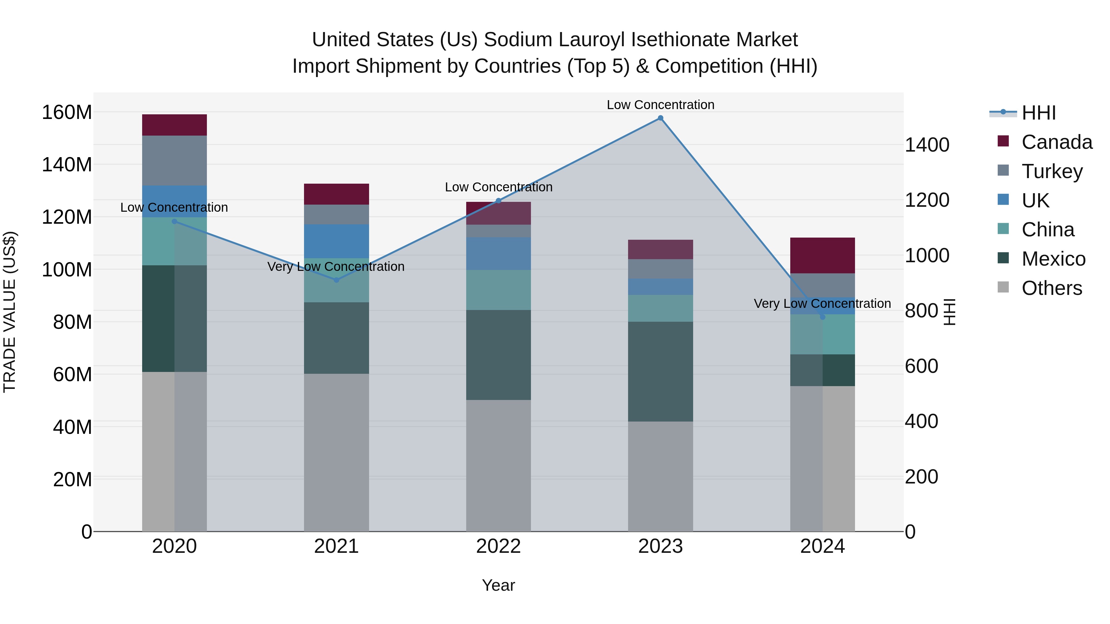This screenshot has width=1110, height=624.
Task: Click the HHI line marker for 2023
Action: (x=660, y=118)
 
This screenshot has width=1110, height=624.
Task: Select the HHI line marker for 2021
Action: (x=336, y=280)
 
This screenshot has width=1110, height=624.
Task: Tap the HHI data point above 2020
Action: (x=175, y=221)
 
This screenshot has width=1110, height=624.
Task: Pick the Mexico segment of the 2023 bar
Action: (x=660, y=371)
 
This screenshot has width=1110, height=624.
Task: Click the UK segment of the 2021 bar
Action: (x=336, y=241)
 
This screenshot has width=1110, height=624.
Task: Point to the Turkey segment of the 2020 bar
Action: (x=175, y=161)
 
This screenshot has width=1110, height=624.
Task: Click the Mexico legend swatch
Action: (x=1003, y=259)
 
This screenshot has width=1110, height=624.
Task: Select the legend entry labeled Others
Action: (x=1051, y=288)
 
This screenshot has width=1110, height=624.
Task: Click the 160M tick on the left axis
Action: (x=67, y=112)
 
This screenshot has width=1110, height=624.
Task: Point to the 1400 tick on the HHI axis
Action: (x=927, y=145)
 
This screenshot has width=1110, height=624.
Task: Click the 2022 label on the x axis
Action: (x=498, y=546)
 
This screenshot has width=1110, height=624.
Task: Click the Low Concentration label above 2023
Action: (x=660, y=105)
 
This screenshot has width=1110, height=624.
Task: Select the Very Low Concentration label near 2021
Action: (x=336, y=267)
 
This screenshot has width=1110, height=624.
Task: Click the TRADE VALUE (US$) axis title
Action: (x=10, y=312)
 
